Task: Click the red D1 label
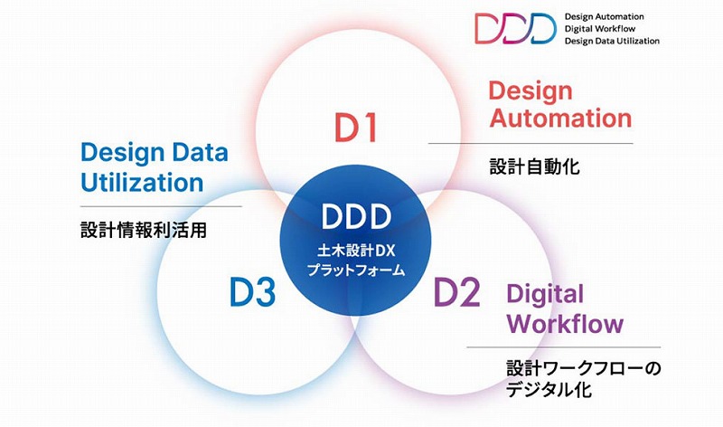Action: [x=356, y=127]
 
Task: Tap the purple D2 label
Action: [x=457, y=291]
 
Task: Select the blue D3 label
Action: [x=253, y=291]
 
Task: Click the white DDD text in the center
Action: [x=356, y=216]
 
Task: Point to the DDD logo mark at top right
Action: [x=515, y=28]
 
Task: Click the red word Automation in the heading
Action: [x=560, y=118]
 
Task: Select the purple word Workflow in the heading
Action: [x=566, y=323]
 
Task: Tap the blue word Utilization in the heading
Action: [x=142, y=182]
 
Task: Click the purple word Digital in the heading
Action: [x=545, y=295]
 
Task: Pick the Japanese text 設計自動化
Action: [x=534, y=166]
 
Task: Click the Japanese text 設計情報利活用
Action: [x=144, y=230]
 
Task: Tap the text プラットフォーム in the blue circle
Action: [x=356, y=270]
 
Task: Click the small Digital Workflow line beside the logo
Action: [x=600, y=29]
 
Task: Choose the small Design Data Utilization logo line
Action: [x=613, y=41]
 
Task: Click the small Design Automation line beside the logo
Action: [x=604, y=16]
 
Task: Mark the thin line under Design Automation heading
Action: [x=531, y=144]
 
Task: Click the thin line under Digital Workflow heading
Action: [x=563, y=347]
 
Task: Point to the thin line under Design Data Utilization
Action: [x=161, y=206]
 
